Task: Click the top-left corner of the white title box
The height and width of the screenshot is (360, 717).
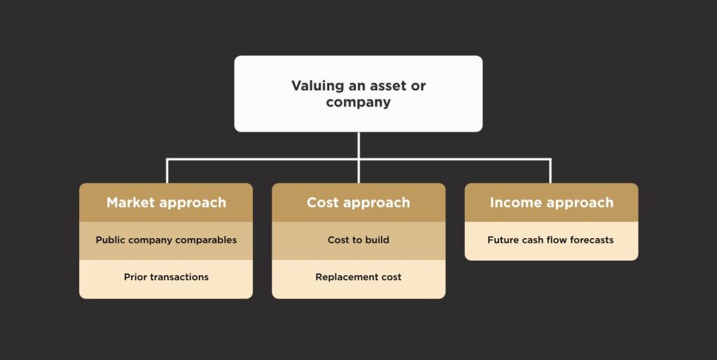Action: pos(235,56)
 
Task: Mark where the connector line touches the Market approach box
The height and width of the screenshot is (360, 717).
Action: pos(167,184)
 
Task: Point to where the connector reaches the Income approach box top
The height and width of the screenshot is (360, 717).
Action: pos(550,184)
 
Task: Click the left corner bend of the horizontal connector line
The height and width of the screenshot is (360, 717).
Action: pos(167,160)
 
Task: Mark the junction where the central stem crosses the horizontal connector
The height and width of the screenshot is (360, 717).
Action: pos(358,160)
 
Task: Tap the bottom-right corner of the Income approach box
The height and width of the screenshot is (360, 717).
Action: pos(638,261)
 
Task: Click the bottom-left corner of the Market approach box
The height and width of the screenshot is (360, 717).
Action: pos(80,298)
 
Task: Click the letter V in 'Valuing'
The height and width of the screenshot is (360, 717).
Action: pos(297,85)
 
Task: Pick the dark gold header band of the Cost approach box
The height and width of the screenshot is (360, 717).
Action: pos(358,202)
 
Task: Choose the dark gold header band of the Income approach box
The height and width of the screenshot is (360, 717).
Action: pos(552,202)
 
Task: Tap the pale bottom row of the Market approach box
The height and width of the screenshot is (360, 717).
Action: pos(166,279)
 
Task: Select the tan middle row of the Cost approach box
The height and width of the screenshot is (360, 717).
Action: pos(358,241)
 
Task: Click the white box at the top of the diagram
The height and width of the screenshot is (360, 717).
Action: pos(358,94)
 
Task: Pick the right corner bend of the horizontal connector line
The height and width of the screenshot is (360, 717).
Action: pos(550,160)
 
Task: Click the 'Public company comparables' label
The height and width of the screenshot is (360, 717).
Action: pos(166,240)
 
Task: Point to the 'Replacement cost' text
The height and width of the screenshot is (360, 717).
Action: pos(358,277)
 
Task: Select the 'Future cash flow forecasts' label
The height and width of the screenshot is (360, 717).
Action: pos(550,240)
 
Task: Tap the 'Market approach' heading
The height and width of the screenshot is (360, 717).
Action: pos(167,202)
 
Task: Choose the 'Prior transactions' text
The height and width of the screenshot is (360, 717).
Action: pos(166,277)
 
